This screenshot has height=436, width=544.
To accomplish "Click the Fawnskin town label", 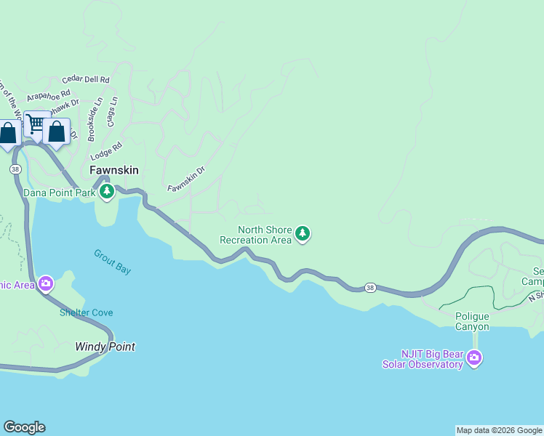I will [113, 170].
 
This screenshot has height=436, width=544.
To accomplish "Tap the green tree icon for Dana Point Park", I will [107, 192].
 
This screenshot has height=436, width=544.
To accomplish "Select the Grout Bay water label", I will [112, 262].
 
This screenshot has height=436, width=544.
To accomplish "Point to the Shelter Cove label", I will [86, 312].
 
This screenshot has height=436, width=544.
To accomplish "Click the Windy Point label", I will [105, 347].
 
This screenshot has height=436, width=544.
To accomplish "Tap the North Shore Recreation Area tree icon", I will [303, 234].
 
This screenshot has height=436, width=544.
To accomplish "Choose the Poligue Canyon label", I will [472, 321].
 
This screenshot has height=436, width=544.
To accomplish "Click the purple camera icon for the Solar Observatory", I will [474, 357].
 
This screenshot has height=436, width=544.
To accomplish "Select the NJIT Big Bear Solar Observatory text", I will [423, 359].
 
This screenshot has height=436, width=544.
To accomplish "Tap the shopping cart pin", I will [35, 123].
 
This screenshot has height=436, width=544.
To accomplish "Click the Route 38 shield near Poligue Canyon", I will [370, 288].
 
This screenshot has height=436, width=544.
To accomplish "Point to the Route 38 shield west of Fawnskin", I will [15, 169].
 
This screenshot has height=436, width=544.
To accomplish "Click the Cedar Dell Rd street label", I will [86, 79].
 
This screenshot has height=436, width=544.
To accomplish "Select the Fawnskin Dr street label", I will [186, 179].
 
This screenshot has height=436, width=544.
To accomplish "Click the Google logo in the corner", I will [24, 427].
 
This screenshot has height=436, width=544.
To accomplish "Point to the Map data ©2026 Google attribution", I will [499, 430].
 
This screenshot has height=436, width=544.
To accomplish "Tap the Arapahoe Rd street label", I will [48, 95].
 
